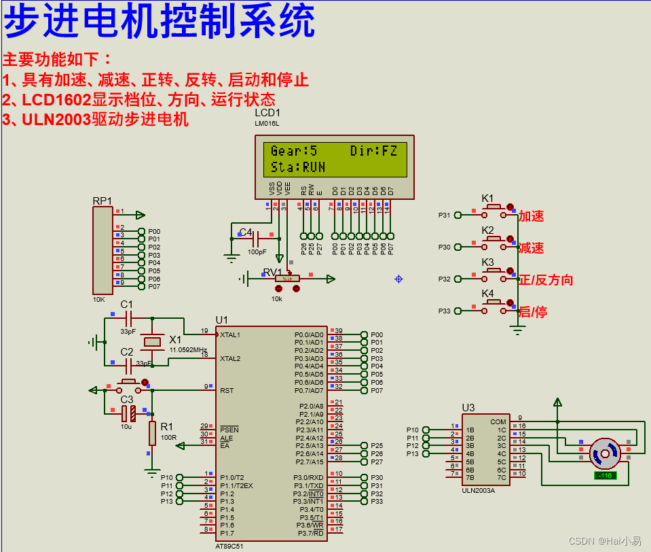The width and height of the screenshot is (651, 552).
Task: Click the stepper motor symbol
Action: (604, 452)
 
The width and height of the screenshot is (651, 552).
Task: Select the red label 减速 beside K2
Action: (532, 248)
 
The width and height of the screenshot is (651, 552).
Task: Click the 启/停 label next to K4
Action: (533, 312)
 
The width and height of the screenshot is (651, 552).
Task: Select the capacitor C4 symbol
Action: (257, 239)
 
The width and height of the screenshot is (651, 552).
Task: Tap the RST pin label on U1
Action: (227, 390)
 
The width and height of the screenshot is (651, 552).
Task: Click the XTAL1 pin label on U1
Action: (230, 334)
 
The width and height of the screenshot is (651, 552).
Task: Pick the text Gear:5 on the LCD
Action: (294, 151)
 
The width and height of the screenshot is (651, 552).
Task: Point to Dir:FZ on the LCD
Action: (373, 151)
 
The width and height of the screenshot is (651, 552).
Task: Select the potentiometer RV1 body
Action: (287, 278)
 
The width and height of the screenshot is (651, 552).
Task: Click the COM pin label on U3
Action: (498, 421)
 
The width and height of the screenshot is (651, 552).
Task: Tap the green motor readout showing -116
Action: (604, 475)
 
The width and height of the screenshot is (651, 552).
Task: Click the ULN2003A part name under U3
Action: (478, 489)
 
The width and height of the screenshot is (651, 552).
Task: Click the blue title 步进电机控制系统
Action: (160, 22)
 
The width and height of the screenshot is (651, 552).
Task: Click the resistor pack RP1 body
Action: (103, 249)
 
